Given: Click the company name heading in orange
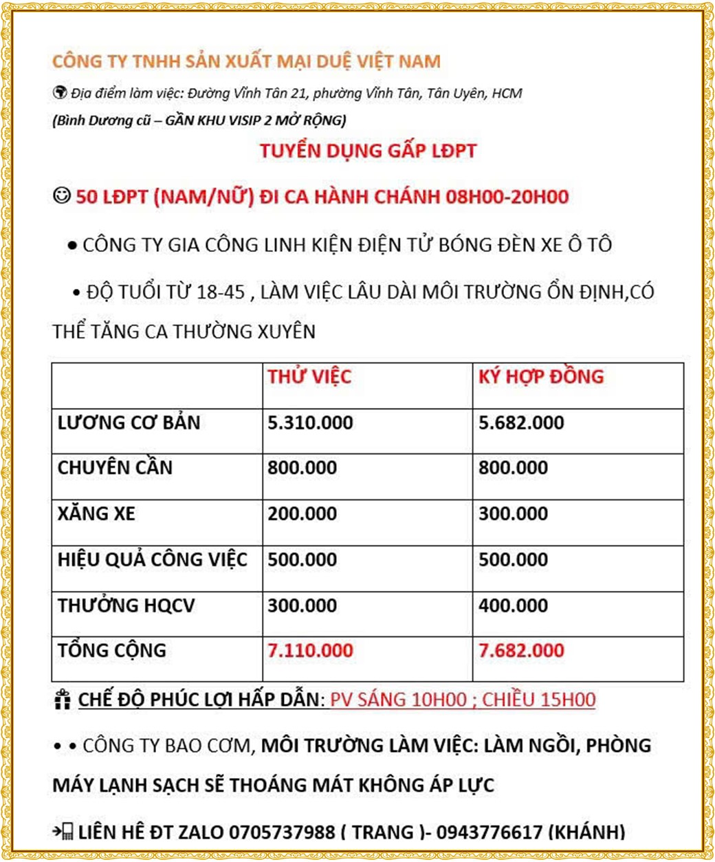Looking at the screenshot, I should tap(246, 61).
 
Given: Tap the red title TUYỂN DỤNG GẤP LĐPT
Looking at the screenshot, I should tap(368, 151).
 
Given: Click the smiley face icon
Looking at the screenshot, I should tap(61, 196).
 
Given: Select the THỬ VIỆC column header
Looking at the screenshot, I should tap(309, 377).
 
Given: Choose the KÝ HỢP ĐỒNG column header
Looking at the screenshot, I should tap(541, 377).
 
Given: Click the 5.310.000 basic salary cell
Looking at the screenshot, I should tap(310, 422).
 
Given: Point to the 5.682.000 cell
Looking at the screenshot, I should tap(521, 422).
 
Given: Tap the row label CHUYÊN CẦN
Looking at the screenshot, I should tap(115, 468).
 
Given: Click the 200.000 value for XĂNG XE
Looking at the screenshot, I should tap(302, 514).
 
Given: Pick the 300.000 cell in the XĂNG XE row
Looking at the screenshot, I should tap(514, 514).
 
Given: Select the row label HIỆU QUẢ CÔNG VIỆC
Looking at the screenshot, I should tap(152, 559).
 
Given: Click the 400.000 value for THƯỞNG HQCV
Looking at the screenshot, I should tap(514, 605).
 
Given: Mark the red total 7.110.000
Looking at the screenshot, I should tap(310, 651).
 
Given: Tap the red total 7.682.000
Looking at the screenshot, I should tap(521, 651).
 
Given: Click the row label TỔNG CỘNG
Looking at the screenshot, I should tap(112, 651).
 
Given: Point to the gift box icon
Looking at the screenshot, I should tap(62, 700).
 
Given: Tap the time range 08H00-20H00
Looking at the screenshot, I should tap(507, 197).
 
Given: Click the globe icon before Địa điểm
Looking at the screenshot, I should tap(59, 93).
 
